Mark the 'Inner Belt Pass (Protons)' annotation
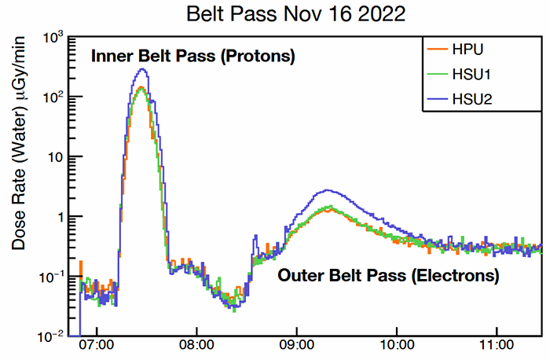point(193,57)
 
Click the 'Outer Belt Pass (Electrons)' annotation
point(388,277)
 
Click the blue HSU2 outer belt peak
point(328,190)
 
